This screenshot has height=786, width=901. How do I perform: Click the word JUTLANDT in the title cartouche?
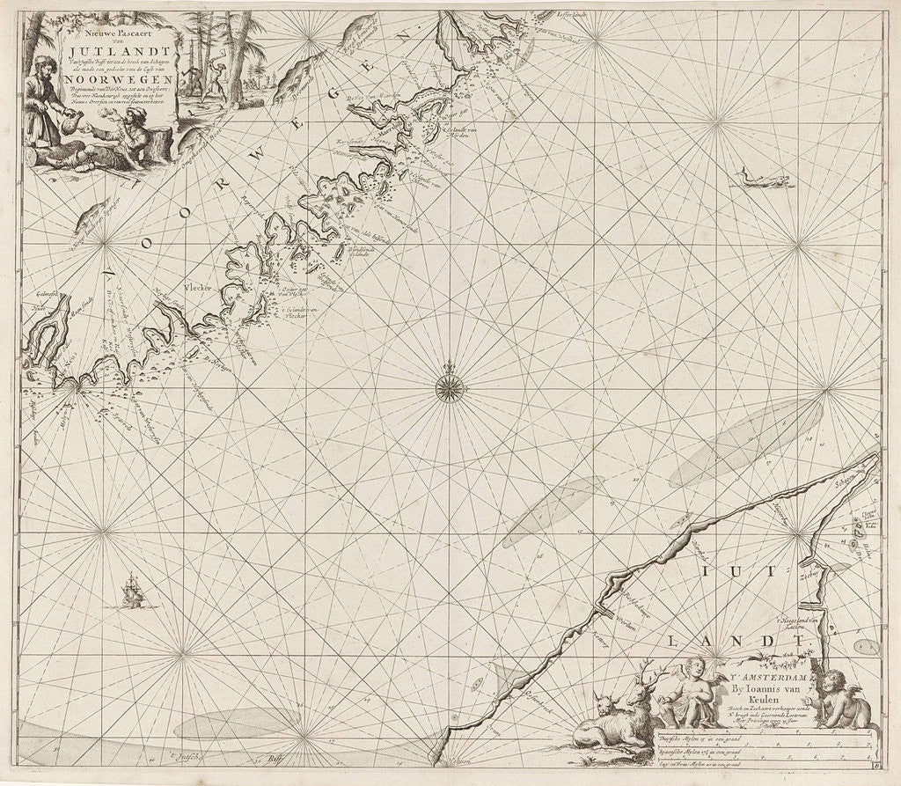118,51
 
